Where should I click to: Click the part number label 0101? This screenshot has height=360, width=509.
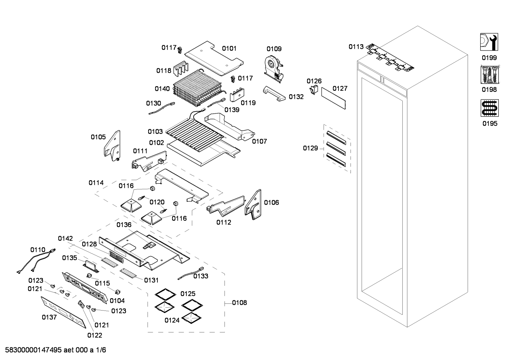pyautogui.click(x=229, y=48)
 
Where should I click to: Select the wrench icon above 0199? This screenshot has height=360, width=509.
pyautogui.click(x=489, y=42)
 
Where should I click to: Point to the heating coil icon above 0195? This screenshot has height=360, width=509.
pyautogui.click(x=489, y=108)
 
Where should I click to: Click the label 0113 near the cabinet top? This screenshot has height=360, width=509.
pyautogui.click(x=356, y=47)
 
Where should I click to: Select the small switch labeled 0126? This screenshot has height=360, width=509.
pyautogui.click(x=313, y=90)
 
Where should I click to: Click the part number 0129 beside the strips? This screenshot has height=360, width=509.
pyautogui.click(x=310, y=148)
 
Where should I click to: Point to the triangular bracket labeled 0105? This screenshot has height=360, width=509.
pyautogui.click(x=113, y=146)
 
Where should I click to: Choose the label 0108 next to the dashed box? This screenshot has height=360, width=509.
pyautogui.click(x=239, y=303)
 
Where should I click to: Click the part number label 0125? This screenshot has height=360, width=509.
pyautogui.click(x=188, y=294)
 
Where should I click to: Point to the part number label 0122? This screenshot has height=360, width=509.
pyautogui.click(x=95, y=335)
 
